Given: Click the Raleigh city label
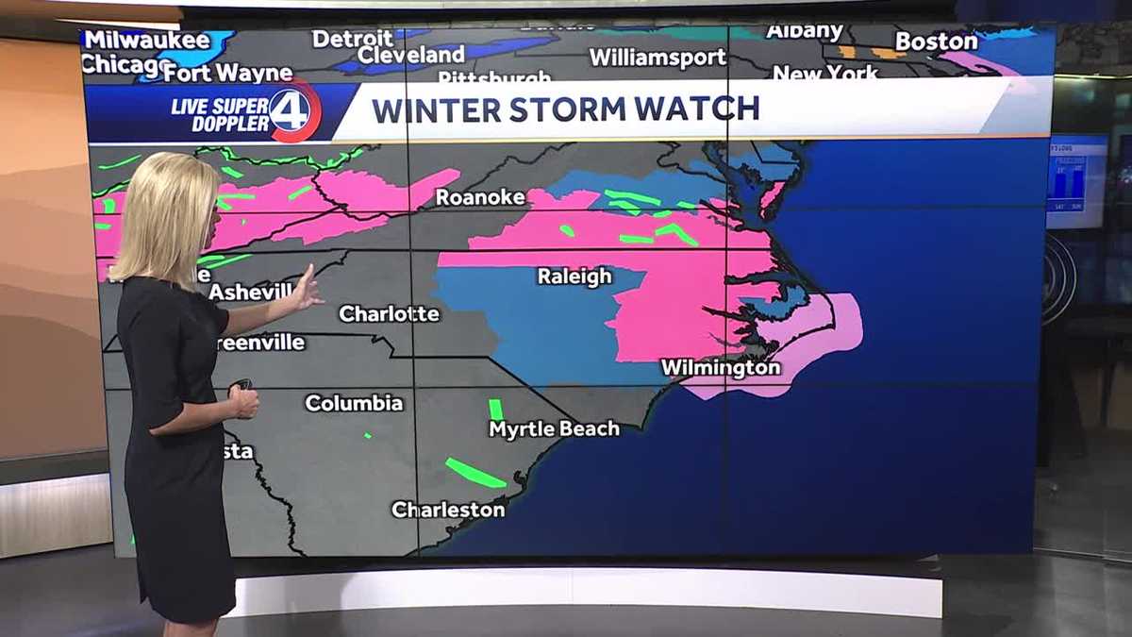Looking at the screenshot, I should [x=574, y=277].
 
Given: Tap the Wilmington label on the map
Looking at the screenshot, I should [x=721, y=367].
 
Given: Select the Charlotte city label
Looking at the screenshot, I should [x=389, y=313].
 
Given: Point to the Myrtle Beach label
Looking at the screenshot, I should [x=554, y=428].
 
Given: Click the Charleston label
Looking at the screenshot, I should [x=448, y=510].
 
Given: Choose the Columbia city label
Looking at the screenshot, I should [x=354, y=403].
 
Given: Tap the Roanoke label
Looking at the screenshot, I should [x=479, y=197].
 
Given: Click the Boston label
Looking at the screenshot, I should [x=936, y=42].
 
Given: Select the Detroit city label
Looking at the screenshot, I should [x=352, y=39].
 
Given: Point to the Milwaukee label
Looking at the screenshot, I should [x=146, y=40].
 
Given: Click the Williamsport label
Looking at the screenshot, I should [x=658, y=58].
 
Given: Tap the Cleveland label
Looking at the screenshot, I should [x=411, y=55].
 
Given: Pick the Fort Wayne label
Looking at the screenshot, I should [x=232, y=73].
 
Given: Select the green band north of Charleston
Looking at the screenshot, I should [x=474, y=472].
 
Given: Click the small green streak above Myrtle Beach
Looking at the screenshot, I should [x=495, y=410].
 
